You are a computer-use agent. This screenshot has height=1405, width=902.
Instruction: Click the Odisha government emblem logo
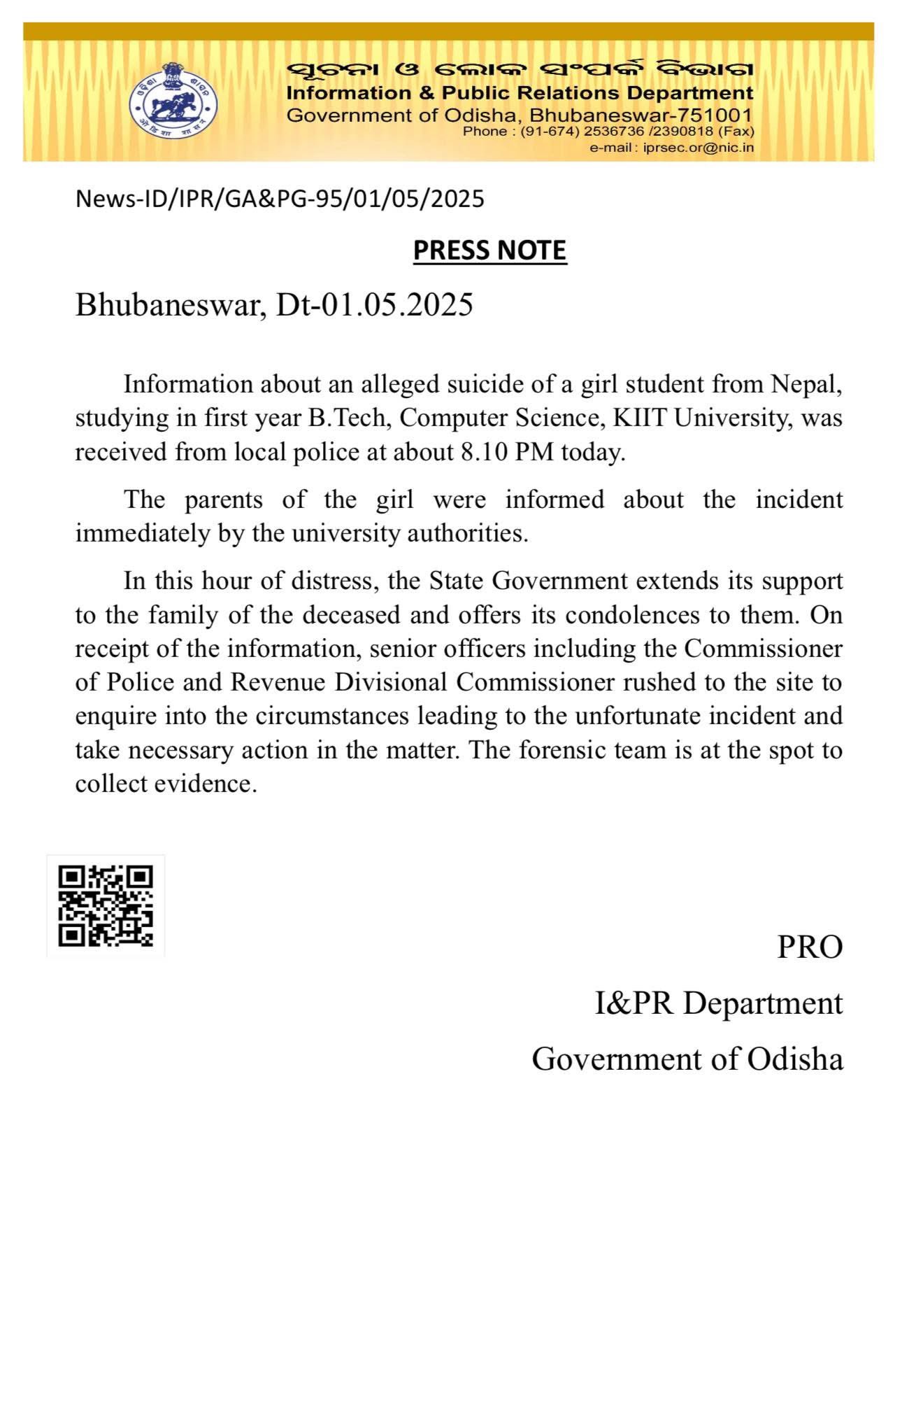(173, 101)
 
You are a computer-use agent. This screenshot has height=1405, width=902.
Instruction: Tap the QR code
(106, 905)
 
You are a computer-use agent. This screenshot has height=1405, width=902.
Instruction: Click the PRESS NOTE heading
(489, 250)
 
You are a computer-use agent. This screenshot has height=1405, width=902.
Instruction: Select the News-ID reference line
(280, 199)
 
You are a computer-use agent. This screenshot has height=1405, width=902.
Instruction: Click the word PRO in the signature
(810, 947)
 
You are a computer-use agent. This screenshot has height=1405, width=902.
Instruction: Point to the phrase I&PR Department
(719, 1003)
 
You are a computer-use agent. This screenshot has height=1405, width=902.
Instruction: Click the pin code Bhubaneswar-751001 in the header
(640, 115)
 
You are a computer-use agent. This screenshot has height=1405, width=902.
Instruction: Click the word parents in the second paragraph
(224, 500)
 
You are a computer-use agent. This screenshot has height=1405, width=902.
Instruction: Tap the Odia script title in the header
(520, 70)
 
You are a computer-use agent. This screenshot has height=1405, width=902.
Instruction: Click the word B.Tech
(348, 418)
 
